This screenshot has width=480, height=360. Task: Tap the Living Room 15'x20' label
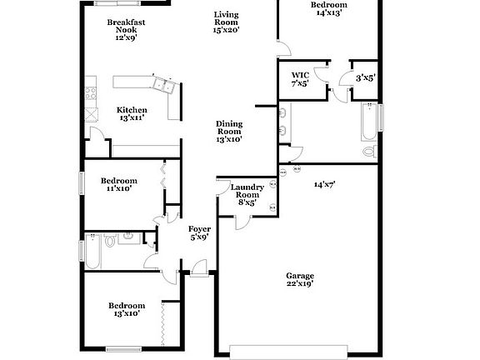[x=226, y=22]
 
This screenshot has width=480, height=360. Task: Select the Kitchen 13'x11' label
[x=132, y=114]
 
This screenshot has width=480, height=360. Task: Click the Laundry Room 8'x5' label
[x=251, y=194]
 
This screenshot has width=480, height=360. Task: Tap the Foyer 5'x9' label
[x=198, y=232]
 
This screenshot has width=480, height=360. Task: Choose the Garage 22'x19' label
[x=300, y=279]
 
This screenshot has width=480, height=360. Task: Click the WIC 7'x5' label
[x=300, y=78]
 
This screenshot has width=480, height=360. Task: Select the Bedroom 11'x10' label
[x=117, y=184]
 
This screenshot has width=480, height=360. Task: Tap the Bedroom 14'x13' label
[x=328, y=9]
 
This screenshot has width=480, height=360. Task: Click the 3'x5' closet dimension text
[x=365, y=78]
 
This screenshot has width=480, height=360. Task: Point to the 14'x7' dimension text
[x=324, y=184]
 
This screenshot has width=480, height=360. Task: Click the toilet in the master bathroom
[x=370, y=152]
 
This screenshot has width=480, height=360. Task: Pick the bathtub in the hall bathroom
[x=92, y=252]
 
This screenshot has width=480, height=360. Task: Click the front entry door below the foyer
[x=198, y=268]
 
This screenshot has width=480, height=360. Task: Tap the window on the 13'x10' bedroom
[x=122, y=348]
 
